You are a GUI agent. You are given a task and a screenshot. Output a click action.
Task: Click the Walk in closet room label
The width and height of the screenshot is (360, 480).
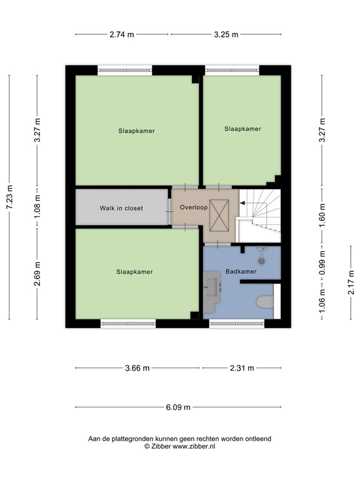(121, 208)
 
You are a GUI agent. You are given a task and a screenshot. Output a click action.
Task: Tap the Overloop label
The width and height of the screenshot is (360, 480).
(190, 207)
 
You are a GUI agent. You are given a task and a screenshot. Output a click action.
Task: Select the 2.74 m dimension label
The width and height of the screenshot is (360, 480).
(122, 35)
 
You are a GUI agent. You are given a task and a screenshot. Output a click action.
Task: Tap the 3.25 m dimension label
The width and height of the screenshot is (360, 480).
(226, 35)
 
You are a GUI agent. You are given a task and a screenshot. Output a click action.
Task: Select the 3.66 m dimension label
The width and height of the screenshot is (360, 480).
(137, 368)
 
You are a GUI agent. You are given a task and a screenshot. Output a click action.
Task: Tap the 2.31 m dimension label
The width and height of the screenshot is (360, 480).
(241, 368)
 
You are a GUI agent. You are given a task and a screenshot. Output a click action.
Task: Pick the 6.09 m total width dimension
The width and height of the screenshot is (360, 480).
(178, 407)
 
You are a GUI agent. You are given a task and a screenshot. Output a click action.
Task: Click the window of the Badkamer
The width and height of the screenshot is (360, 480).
(237, 324)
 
